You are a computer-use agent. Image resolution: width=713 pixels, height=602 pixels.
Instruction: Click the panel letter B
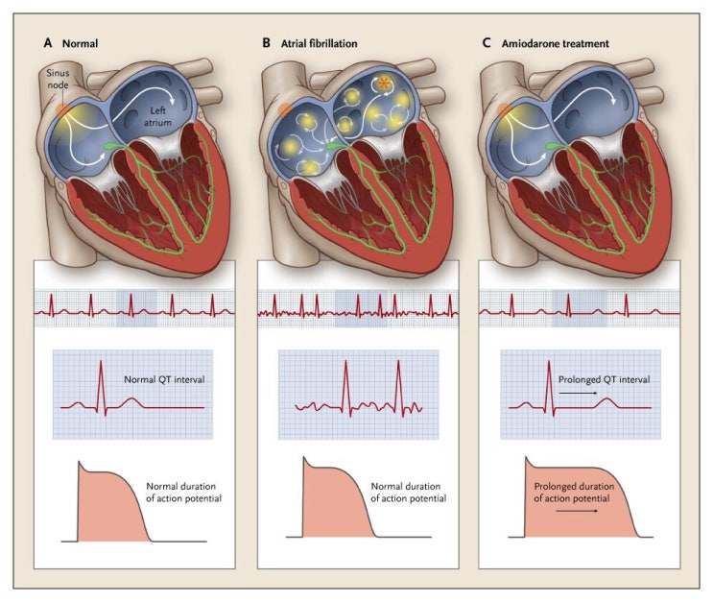click(268, 43)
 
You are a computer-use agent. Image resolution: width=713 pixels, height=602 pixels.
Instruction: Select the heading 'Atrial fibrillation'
click(326, 43)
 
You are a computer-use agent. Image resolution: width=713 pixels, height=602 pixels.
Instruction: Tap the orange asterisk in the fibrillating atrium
click(384, 83)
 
